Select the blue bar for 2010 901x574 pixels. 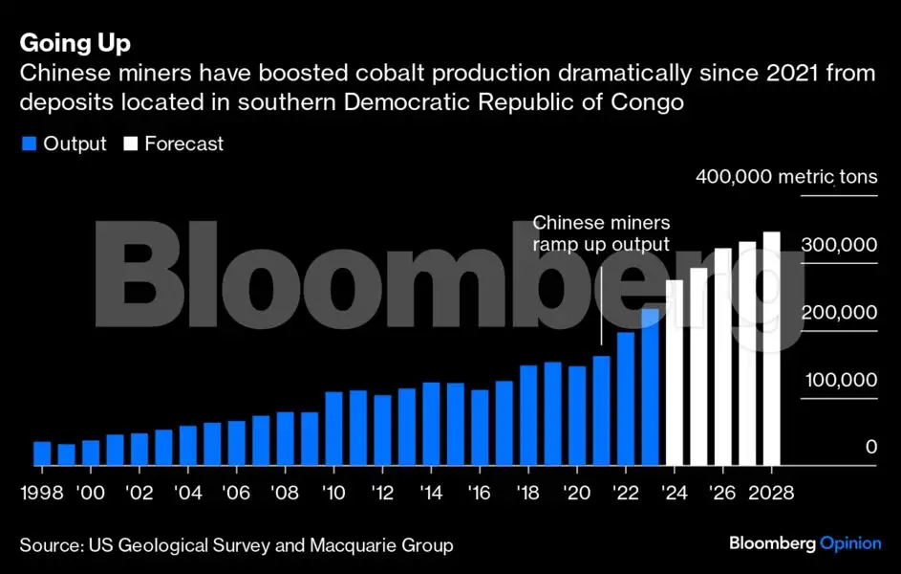pos(334,428)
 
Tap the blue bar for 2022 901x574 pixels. pos(626,398)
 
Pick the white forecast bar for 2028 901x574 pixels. pos(772,348)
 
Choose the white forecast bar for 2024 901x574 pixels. pos(675,372)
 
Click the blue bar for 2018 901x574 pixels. pos(528,415)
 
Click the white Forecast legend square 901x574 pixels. pos(129,144)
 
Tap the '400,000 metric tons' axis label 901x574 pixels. pos(786,177)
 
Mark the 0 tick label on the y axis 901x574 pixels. pos(871,447)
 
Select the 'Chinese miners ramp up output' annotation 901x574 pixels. pos(601,233)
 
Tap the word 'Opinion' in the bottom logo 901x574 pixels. pos(850,543)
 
